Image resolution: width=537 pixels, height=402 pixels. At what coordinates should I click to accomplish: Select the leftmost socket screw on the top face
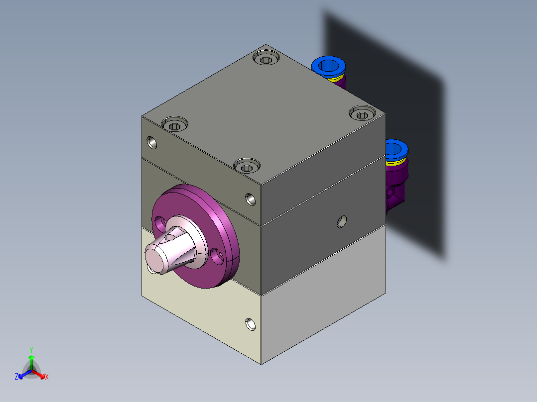pyautogui.click(x=174, y=124)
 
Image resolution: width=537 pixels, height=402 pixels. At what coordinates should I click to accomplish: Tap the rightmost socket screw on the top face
pyautogui.click(x=361, y=114)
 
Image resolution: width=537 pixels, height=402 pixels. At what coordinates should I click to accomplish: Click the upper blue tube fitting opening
pyautogui.click(x=329, y=65)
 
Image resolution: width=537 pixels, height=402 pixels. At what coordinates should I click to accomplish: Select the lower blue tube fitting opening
pyautogui.click(x=396, y=149)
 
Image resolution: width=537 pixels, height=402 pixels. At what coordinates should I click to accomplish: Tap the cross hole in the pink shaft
pyautogui.click(x=170, y=238)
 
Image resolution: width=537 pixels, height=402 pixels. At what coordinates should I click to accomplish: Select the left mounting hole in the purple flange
pyautogui.click(x=160, y=221)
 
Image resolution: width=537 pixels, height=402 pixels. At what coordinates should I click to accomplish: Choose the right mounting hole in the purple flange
pyautogui.click(x=216, y=256)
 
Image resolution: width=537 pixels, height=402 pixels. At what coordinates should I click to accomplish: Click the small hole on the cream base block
pyautogui.click(x=249, y=324)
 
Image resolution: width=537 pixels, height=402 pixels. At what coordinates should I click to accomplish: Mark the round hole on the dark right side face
pyautogui.click(x=342, y=220)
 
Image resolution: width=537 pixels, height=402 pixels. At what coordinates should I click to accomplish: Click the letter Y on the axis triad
pyautogui.click(x=31, y=350)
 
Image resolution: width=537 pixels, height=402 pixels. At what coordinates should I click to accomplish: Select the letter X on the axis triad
pyautogui.click(x=47, y=377)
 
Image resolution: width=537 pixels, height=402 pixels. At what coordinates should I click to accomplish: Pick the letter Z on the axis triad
pyautogui.click(x=16, y=377)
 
